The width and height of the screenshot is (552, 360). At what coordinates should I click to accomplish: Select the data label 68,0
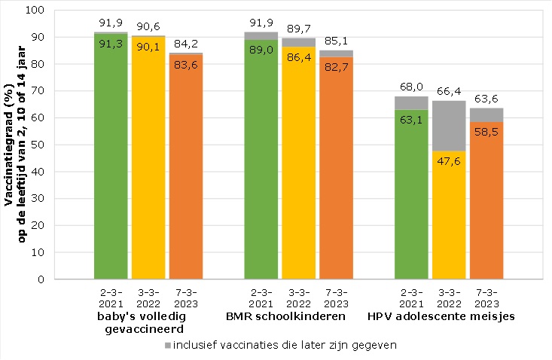point(411,87)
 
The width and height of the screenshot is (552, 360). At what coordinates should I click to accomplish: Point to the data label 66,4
point(449,91)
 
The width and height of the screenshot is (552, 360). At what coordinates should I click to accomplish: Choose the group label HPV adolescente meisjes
point(441,316)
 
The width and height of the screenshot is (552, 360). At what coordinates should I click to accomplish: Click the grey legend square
point(166,346)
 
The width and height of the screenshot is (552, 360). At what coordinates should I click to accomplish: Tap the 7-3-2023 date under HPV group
point(487,298)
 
